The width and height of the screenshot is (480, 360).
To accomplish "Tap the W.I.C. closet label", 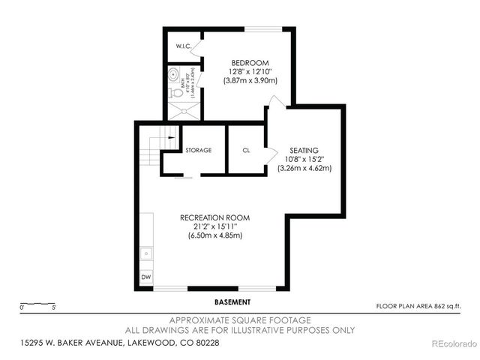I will tap(185, 47).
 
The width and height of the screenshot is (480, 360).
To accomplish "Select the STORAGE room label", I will tap(199, 150).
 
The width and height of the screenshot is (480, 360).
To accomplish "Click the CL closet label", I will tap(246, 150).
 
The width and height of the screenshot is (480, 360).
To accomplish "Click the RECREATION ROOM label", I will tap(214, 217).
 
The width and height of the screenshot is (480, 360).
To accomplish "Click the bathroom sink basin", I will tap(172, 74).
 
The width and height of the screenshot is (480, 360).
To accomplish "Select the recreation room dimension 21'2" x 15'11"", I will tap(214, 226).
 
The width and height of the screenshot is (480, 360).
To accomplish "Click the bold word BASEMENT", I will tap(232, 302).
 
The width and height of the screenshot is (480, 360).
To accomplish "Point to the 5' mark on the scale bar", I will tap(54, 307).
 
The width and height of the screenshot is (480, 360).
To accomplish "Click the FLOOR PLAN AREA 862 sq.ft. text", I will tap(417, 306).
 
